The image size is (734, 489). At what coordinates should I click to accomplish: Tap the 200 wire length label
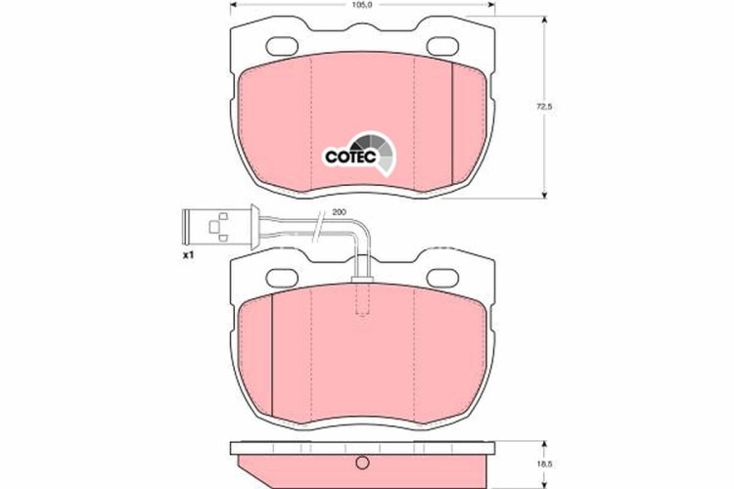point(339,212)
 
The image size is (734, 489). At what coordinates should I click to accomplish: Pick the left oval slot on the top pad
point(286,44)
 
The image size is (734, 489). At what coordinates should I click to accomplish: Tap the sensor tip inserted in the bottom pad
point(361,298)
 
